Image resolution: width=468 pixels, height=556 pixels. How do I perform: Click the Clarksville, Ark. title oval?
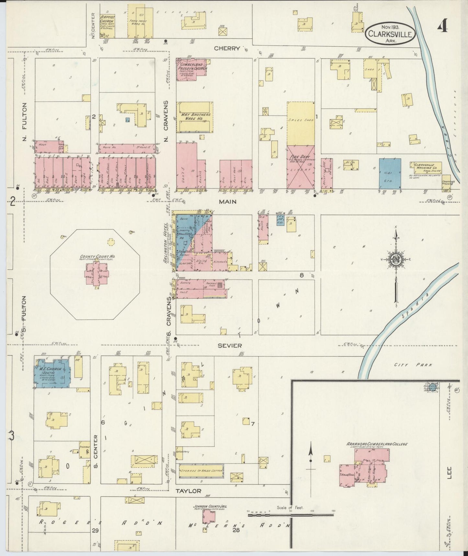point(390,33)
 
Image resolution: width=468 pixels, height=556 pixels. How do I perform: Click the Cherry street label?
point(227,48)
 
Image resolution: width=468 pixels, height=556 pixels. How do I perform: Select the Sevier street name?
point(229,345)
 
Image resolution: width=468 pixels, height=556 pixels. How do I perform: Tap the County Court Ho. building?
point(96,273)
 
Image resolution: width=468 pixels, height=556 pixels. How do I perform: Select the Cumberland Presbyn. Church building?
point(191,67)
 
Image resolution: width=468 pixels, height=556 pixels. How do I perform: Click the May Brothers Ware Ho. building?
point(194,117)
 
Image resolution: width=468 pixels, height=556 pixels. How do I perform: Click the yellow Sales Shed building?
point(301,123)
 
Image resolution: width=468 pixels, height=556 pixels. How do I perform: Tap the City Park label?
point(413,365)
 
